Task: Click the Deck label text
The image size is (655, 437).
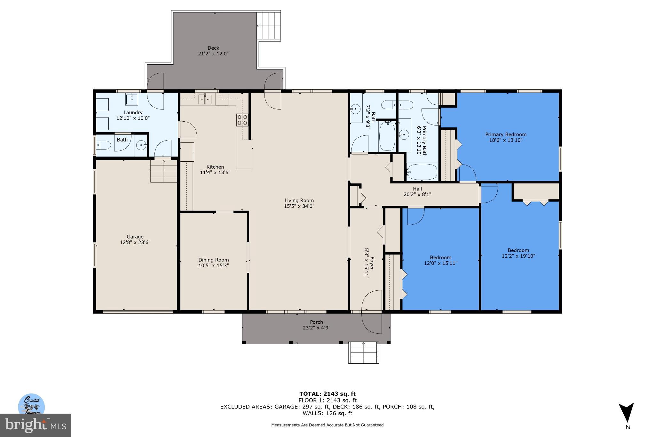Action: [x=213, y=48]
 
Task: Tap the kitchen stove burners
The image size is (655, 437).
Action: [x=242, y=120]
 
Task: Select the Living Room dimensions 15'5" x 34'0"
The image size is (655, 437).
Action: [x=299, y=206]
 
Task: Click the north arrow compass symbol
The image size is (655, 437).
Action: [x=626, y=413]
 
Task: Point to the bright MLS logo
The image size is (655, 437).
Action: [x=35, y=425]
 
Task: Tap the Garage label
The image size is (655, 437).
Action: [x=135, y=237]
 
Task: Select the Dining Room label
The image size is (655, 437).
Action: [x=213, y=260]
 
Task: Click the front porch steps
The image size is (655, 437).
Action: [x=363, y=352]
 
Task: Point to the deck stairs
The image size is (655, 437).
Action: [x=269, y=26]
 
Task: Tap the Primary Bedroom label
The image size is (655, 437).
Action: [x=506, y=134]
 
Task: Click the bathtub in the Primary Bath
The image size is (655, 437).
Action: [x=422, y=172]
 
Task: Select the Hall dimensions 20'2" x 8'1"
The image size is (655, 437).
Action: [x=417, y=194]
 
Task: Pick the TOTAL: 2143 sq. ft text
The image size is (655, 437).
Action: [x=327, y=394]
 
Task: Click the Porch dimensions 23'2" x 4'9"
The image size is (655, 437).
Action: [x=316, y=328]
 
